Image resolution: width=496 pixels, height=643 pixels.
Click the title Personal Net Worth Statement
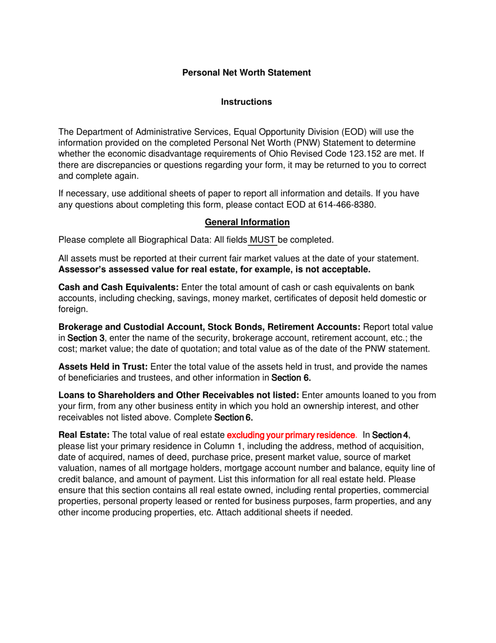pos(246,73)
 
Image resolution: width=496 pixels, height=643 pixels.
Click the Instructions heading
pos(246,102)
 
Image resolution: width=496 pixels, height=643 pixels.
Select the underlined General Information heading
pos(247,222)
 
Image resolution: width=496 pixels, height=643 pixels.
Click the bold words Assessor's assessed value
pos(121,269)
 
